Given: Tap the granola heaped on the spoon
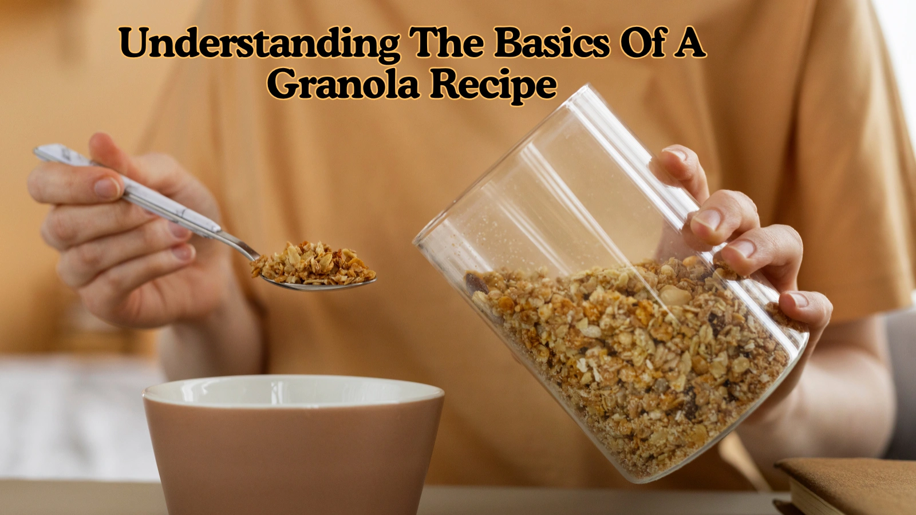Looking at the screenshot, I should (x=312, y=264).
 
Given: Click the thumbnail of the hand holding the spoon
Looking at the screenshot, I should (x=106, y=188).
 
